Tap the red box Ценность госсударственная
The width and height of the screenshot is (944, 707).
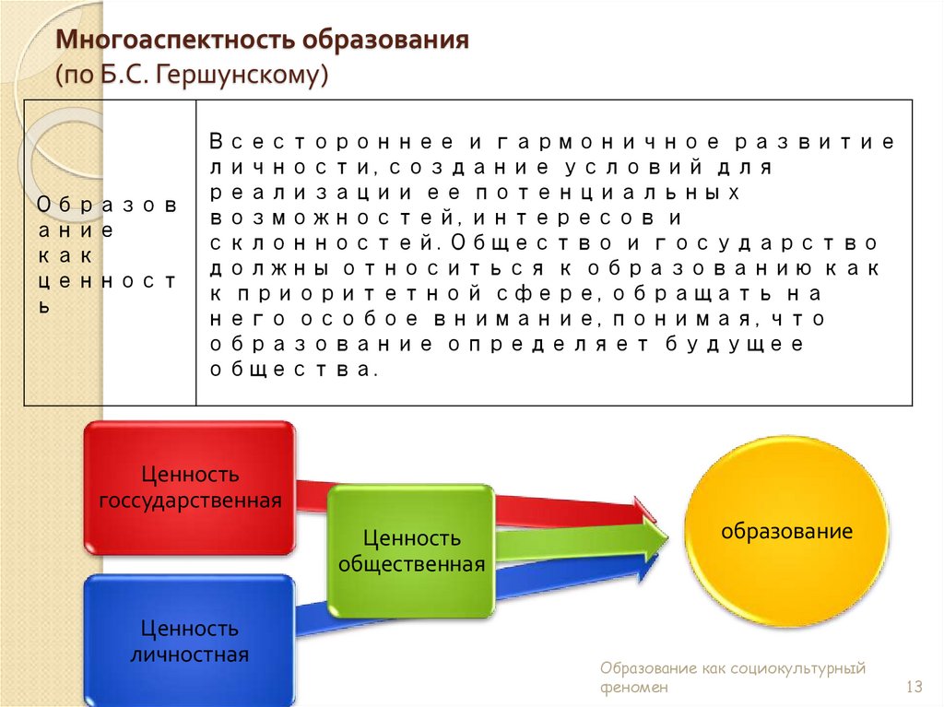coord(190,488)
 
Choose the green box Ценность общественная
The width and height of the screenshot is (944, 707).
coord(411,550)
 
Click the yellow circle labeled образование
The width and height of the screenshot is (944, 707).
coord(786,531)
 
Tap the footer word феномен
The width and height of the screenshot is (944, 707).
coord(633,688)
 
